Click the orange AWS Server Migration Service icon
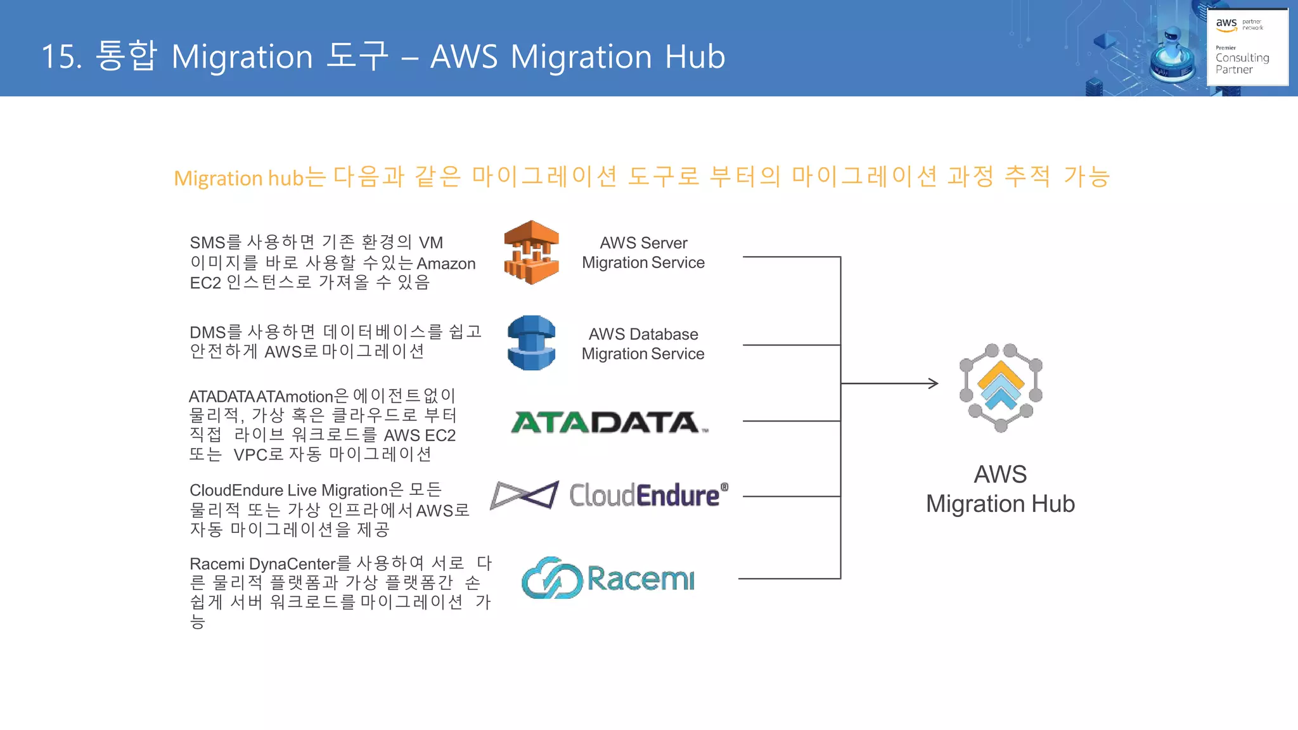531,252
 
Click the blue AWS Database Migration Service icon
531,343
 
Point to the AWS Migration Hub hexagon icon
1001,387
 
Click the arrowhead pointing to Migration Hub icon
933,383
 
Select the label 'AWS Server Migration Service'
643,252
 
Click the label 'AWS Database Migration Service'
643,343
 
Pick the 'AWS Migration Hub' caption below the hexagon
1000,489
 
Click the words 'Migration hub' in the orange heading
238,178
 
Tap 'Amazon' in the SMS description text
446,264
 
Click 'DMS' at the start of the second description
207,332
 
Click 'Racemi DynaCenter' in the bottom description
262,563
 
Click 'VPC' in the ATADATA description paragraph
250,455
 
